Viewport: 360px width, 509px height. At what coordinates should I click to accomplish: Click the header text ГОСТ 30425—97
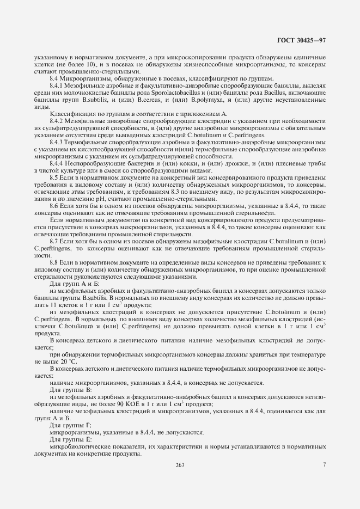click(x=302, y=40)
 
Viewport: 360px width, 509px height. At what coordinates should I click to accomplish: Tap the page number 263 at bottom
click(x=180, y=464)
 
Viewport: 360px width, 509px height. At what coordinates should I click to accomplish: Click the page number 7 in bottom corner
click(x=324, y=464)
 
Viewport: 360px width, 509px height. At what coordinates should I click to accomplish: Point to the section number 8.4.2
click(x=57, y=121)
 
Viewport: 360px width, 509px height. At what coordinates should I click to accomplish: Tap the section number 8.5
click(x=54, y=177)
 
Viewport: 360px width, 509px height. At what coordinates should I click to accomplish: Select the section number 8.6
click(x=54, y=205)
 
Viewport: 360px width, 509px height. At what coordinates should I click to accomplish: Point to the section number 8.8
click(x=54, y=262)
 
